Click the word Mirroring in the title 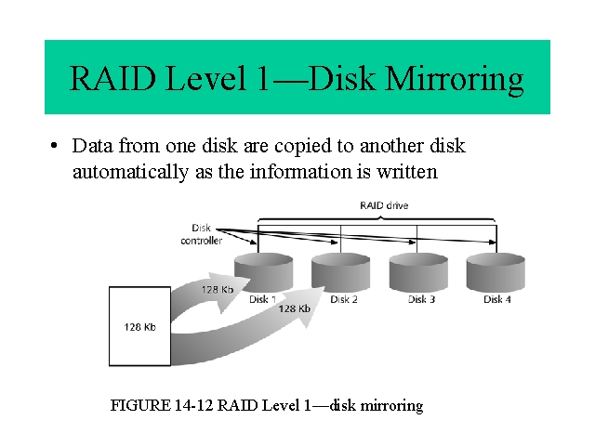[x=454, y=79]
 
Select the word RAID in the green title [x=112, y=78]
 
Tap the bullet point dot [x=54, y=146]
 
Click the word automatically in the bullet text [x=130, y=172]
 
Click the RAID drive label [x=384, y=205]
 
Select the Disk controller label [x=201, y=234]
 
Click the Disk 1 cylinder [x=264, y=272]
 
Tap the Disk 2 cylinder [x=341, y=272]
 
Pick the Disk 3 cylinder [x=418, y=272]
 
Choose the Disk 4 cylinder [x=496, y=272]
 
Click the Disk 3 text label [x=421, y=299]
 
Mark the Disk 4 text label [x=497, y=299]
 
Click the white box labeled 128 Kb [x=139, y=326]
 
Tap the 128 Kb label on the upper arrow [x=217, y=290]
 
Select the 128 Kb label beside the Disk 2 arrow [x=294, y=308]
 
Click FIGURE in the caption [x=140, y=405]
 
